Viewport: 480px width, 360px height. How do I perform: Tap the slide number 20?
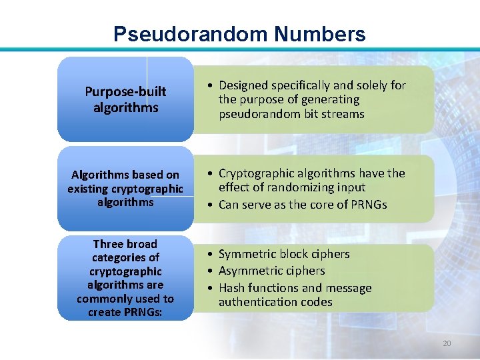447,343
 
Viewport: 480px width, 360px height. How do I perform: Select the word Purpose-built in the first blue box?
125,91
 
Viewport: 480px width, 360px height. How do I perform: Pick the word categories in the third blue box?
125,257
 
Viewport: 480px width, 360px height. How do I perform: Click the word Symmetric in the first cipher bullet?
247,254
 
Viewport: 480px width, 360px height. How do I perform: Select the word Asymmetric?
250,271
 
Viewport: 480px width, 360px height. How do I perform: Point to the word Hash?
231,288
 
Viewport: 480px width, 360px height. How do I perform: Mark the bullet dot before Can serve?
209,205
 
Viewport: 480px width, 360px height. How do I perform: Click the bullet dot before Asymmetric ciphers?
209,271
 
